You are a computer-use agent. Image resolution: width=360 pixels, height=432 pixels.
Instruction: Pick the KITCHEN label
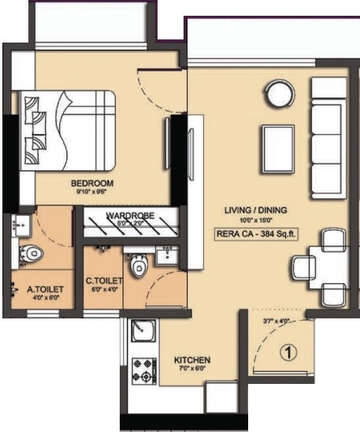[192, 359]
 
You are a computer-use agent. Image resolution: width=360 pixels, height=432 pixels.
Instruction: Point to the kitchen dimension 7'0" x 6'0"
[192, 369]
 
